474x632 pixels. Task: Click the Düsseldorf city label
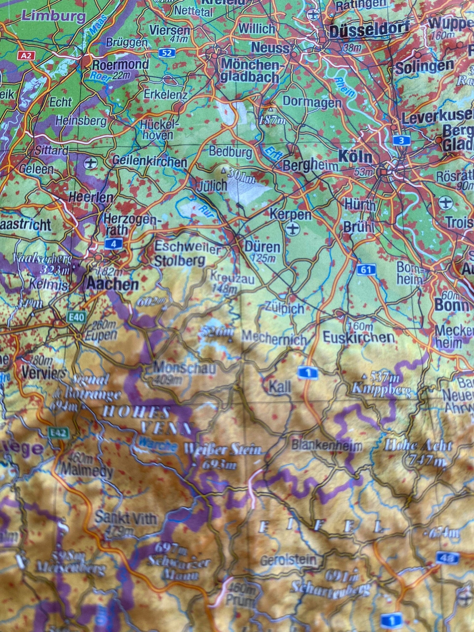369,30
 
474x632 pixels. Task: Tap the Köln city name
355,156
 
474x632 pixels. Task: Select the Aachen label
112,284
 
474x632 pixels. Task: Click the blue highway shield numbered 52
167,53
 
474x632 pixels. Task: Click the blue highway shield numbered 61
366,270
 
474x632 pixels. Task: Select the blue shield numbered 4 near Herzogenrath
113,244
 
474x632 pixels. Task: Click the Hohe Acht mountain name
418,446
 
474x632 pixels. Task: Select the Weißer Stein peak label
223,449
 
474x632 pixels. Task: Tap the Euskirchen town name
359,337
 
